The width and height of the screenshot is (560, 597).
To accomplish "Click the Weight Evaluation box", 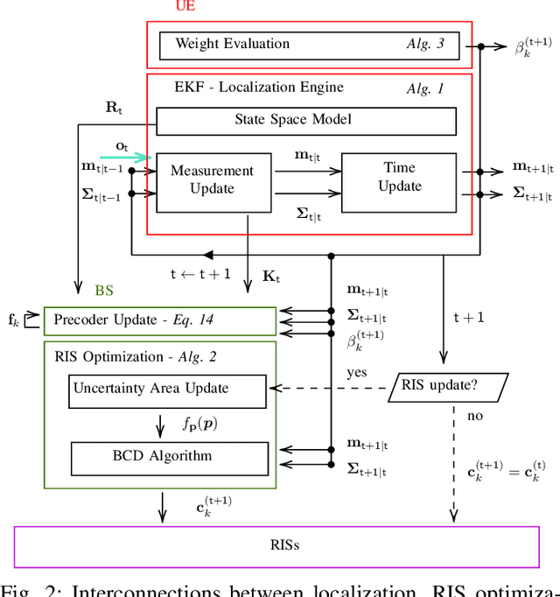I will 309,45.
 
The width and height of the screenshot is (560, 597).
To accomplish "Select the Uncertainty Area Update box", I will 167,389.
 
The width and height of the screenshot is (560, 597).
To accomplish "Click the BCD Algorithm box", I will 169,456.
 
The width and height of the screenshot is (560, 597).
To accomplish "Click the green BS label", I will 104,291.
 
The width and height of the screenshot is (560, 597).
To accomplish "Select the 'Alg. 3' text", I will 425,45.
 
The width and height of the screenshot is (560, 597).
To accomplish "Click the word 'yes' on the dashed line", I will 358,372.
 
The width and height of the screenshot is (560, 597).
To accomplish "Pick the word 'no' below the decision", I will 475,416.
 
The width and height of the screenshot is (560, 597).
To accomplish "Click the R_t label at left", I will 115,108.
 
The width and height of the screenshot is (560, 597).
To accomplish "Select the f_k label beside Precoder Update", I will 14,320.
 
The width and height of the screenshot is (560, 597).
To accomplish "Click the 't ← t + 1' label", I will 200,273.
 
